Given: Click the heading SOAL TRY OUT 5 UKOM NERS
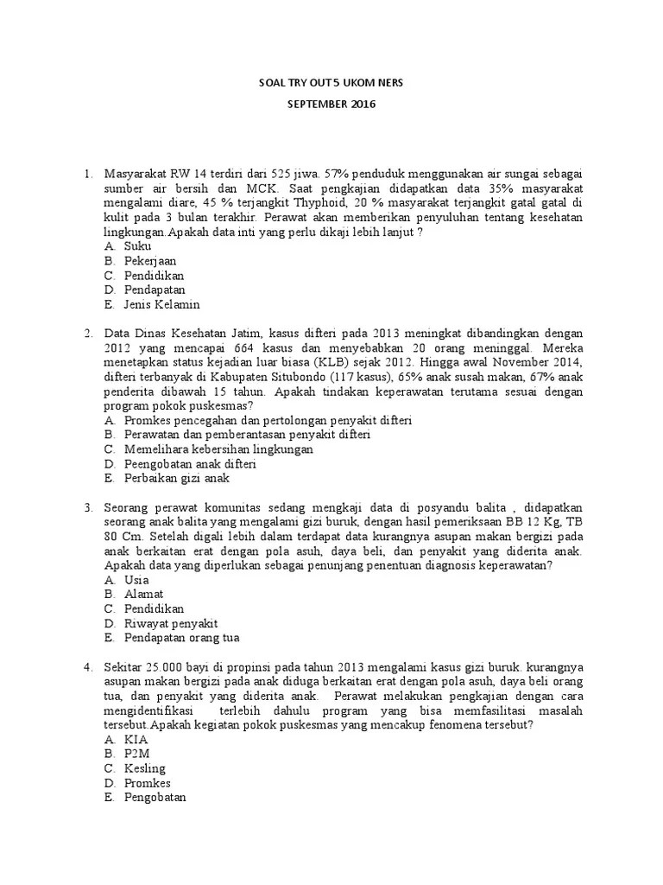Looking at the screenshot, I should tap(331, 83).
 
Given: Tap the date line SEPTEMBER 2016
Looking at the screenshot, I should tap(331, 105).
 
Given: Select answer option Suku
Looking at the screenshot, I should tap(138, 246).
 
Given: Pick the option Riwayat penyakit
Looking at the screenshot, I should tap(171, 624).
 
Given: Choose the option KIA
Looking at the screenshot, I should tap(136, 741).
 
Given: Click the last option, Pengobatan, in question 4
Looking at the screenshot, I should tap(155, 799).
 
